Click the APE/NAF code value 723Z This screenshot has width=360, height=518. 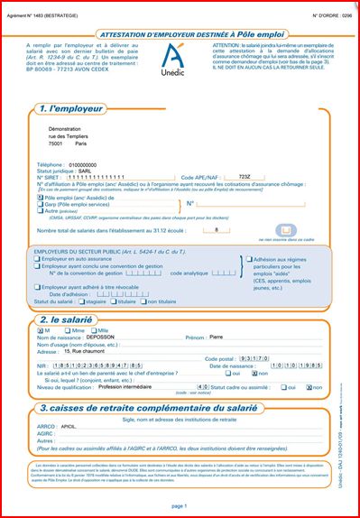[244, 176]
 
